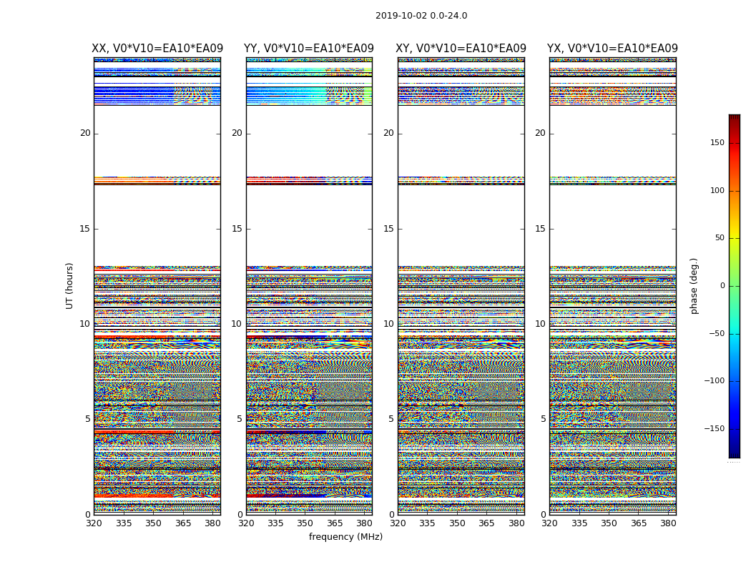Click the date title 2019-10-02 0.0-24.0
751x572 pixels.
tap(421, 16)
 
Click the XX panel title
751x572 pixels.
tap(157, 49)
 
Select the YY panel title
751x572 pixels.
tap(309, 49)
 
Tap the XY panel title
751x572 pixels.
tap(461, 49)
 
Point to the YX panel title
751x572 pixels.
tap(613, 49)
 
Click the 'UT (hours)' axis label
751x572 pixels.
tap(70, 285)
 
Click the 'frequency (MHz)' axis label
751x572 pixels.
tap(345, 537)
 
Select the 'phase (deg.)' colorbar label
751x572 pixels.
tap(694, 285)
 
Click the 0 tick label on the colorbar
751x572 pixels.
tap(722, 286)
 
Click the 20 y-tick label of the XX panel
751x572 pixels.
tap(85, 133)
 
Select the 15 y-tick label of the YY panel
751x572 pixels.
tap(237, 229)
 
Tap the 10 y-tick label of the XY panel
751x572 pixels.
tap(388, 324)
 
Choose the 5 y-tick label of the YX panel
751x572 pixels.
tap(543, 419)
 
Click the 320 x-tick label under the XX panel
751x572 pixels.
tap(94, 523)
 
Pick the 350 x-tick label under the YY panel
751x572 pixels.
tap(305, 523)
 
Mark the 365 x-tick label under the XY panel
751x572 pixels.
tap(486, 523)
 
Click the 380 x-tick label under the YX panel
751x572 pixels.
tap(668, 523)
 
